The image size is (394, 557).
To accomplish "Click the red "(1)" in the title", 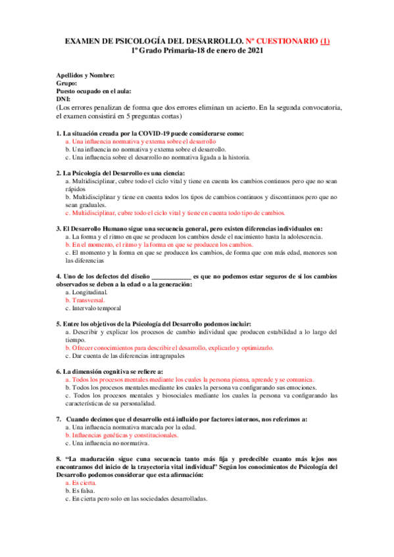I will pyautogui.click(x=324, y=41).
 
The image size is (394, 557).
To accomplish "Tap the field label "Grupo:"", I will pyautogui.click(x=67, y=83).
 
